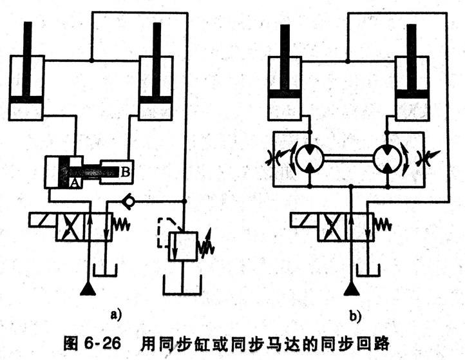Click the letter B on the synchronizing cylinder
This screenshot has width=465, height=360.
125,171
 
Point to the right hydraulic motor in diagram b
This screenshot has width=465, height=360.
388,157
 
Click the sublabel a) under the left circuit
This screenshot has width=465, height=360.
115,316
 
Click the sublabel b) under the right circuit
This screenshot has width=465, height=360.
355,316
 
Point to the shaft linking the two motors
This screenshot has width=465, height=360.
348,157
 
